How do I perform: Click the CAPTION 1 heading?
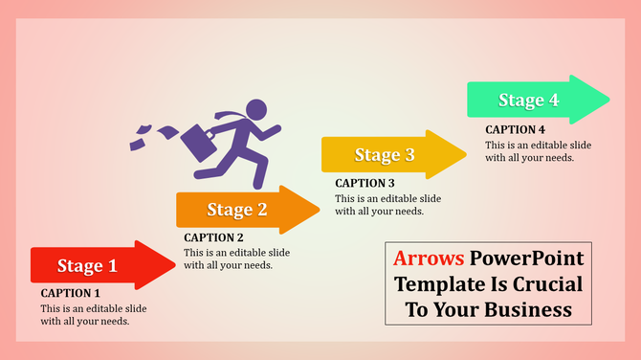click(70, 293)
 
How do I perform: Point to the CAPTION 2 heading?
click(213, 237)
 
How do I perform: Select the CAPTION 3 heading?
click(365, 183)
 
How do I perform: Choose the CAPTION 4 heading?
click(515, 129)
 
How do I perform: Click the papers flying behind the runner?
click(151, 135)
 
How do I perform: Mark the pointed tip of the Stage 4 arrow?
click(608, 99)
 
